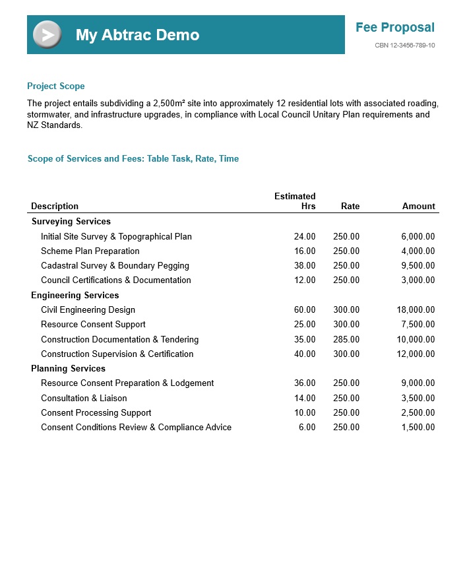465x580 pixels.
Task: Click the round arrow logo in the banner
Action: pyautogui.click(x=47, y=35)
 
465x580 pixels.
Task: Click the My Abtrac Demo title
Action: pyautogui.click(x=137, y=35)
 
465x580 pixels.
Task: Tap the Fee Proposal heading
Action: pyautogui.click(x=394, y=28)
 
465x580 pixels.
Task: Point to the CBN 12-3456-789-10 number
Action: pyautogui.click(x=404, y=46)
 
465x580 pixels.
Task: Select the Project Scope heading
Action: pyautogui.click(x=56, y=86)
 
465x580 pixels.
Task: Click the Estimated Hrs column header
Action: pyautogui.click(x=295, y=201)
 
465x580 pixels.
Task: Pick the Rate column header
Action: pyautogui.click(x=350, y=207)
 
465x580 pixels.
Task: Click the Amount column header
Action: pyautogui.click(x=418, y=207)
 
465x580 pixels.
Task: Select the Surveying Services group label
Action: pyautogui.click(x=71, y=222)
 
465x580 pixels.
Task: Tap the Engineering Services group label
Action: pyautogui.click(x=75, y=296)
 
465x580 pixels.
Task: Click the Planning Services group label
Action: pyautogui.click(x=69, y=369)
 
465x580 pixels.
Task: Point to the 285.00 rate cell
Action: pyautogui.click(x=346, y=340)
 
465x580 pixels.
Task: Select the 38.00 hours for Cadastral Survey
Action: pyautogui.click(x=305, y=266)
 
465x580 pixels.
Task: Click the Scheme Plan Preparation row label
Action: pyautogui.click(x=90, y=251)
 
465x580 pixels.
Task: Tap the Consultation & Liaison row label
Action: pyautogui.click(x=84, y=399)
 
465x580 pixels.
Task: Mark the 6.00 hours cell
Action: pyautogui.click(x=307, y=428)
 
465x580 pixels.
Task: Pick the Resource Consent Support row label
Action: pyautogui.click(x=93, y=325)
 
